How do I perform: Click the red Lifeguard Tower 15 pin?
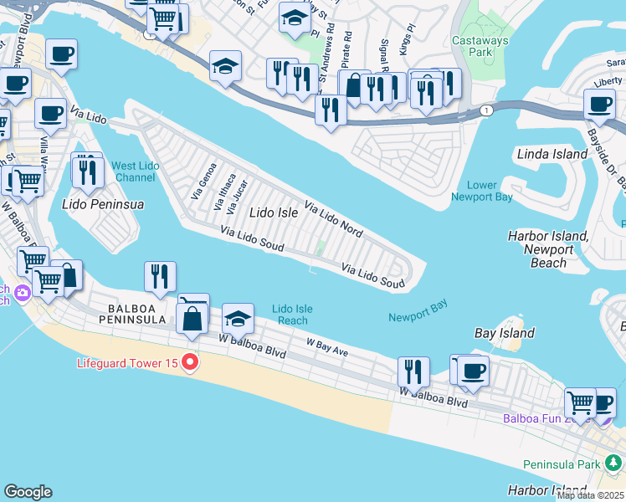190,362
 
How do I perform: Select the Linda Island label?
552,155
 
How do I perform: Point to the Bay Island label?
504,333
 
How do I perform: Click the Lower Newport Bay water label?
481,191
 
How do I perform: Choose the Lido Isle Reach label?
292,315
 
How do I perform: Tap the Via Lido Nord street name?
333,219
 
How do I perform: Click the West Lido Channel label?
135,172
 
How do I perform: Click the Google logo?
28,492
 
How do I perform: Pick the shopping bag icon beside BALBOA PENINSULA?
192,318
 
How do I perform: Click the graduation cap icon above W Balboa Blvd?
239,319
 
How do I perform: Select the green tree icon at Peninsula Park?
615,463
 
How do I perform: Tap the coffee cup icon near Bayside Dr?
599,104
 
